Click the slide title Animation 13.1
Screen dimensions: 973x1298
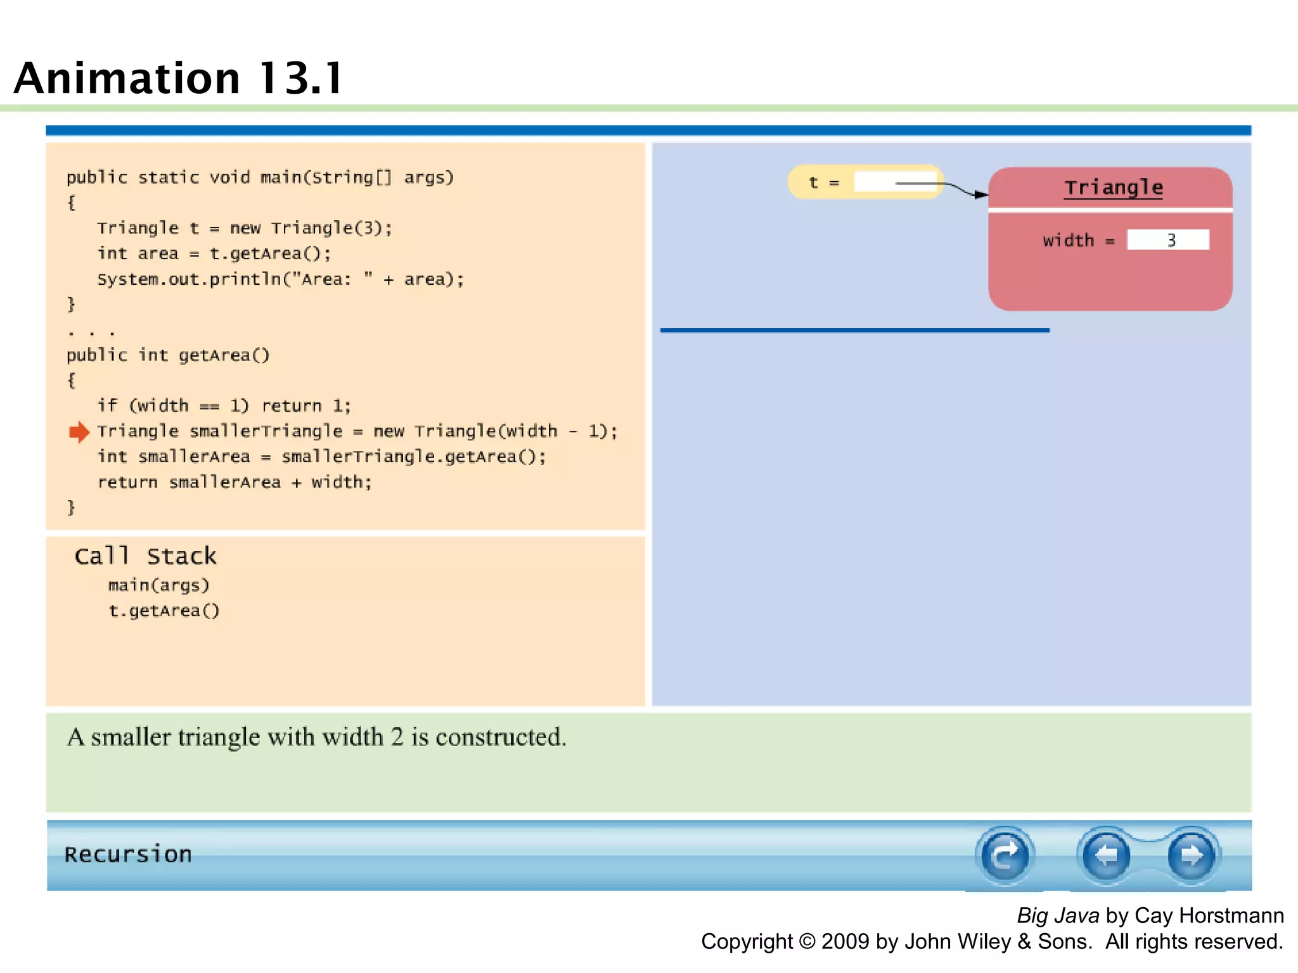179,79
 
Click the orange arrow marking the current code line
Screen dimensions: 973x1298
79,432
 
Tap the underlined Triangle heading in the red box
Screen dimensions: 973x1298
1113,188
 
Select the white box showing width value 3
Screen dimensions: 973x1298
1167,240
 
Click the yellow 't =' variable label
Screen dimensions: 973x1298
823,182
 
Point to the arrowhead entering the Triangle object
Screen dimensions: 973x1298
981,194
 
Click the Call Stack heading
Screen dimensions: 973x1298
145,556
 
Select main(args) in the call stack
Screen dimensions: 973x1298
158,585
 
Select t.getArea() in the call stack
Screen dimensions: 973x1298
164,611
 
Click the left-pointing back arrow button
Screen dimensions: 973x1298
1106,856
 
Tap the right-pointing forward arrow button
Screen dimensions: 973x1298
1191,856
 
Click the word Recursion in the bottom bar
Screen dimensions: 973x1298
128,855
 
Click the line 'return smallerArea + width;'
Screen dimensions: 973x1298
235,482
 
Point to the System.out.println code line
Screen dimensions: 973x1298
280,279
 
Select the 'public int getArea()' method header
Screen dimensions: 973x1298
168,355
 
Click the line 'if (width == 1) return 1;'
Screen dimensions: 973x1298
224,406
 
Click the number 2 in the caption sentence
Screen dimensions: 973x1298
397,737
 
